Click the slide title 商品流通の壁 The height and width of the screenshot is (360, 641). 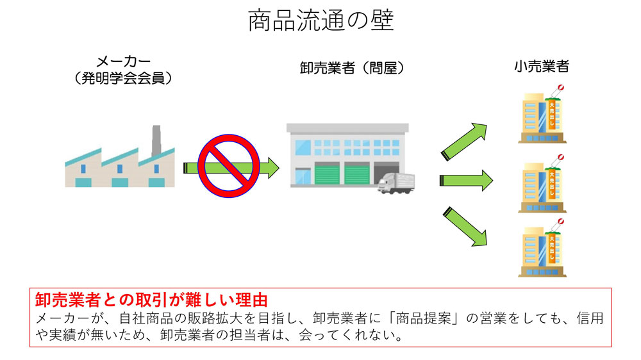pyautogui.click(x=320, y=20)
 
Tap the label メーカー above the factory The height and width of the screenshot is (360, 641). pyautogui.click(x=123, y=62)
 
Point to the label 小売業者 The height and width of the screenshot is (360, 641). pyautogui.click(x=542, y=66)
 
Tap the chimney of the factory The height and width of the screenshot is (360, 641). pyautogui.click(x=156, y=140)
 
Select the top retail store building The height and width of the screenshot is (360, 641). pyautogui.click(x=542, y=115)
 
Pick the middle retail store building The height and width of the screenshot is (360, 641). pyautogui.click(x=542, y=185)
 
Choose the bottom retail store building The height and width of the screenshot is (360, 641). pyautogui.click(x=542, y=249)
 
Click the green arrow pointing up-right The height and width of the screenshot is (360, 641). pyautogui.click(x=464, y=140)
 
